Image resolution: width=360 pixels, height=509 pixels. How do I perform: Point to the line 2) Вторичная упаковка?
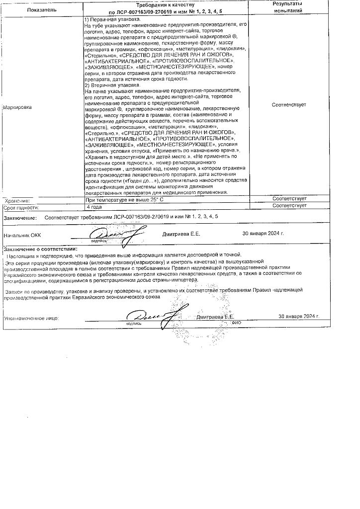111,85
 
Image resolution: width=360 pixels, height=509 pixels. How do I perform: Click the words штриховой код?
142,168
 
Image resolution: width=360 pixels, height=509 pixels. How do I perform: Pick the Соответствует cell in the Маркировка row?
289,105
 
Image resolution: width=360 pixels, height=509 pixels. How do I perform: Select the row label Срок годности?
20,207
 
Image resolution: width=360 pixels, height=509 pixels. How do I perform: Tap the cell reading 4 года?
94,206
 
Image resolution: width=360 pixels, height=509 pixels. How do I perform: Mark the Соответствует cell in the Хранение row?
289,199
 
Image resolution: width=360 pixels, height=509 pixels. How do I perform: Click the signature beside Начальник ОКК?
109,233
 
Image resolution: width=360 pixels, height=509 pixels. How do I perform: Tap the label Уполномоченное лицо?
31,317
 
